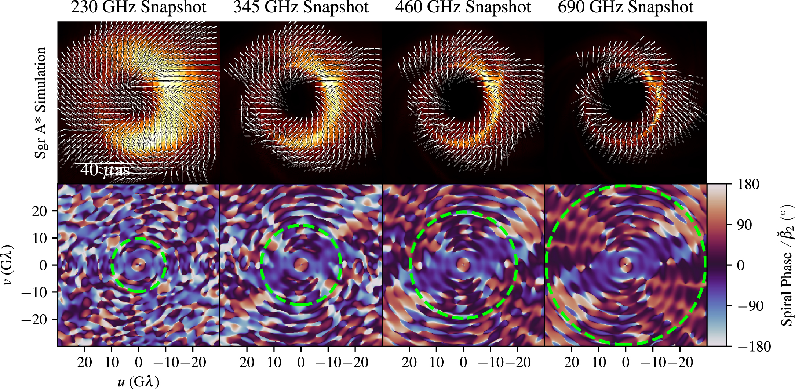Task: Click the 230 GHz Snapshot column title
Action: [x=138, y=7]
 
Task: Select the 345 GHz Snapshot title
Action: [x=301, y=7]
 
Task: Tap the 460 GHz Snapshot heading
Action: [x=463, y=7]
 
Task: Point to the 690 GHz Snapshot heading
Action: [x=626, y=7]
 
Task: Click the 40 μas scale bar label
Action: [x=105, y=170]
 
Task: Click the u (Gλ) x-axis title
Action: [x=138, y=382]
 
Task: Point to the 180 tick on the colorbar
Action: [x=748, y=184]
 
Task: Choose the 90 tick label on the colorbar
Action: [x=744, y=225]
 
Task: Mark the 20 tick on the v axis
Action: [x=40, y=211]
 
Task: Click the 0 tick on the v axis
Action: [x=43, y=265]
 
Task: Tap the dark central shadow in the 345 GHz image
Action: [x=301, y=97]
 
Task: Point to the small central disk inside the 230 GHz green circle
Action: [x=138, y=265]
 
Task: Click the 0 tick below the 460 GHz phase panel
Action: [x=463, y=363]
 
